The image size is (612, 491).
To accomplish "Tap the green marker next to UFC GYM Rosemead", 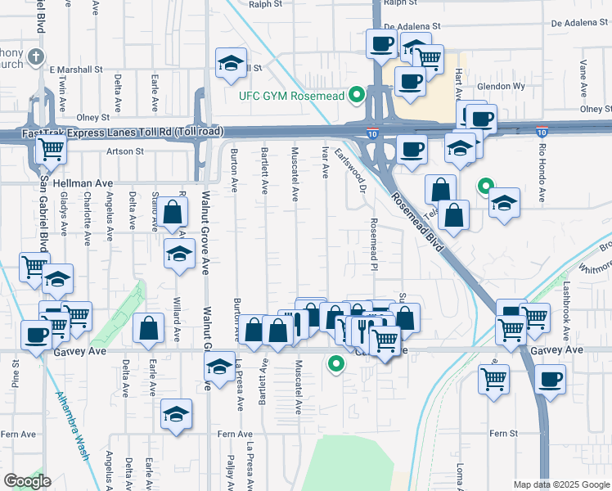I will click(356, 96).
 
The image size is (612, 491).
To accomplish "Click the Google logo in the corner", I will click(27, 481).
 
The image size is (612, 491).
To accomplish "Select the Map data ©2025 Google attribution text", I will click(561, 484).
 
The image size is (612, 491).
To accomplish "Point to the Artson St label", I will click(124, 151).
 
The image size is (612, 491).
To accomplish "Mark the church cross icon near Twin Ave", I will click(34, 56).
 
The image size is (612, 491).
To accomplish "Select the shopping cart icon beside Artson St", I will click(51, 149).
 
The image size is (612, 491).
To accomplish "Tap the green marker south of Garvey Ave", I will click(335, 364).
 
